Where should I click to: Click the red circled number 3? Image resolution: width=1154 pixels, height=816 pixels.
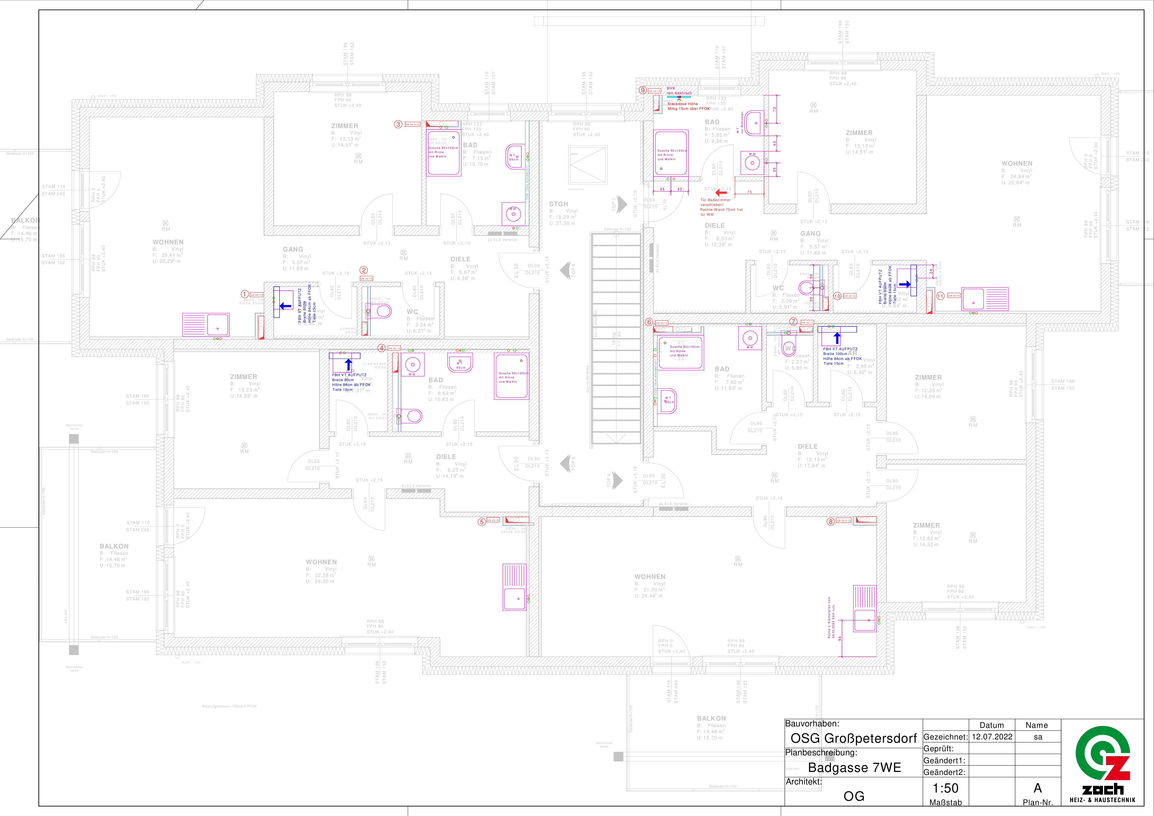(398, 124)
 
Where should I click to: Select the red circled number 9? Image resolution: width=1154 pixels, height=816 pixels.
(642, 90)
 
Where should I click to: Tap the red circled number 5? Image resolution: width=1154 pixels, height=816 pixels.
(482, 522)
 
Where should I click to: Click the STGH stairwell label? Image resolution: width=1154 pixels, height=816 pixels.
(558, 204)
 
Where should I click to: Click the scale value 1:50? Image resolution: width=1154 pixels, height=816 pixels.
(945, 788)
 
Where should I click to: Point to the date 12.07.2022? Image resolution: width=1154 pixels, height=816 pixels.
(992, 737)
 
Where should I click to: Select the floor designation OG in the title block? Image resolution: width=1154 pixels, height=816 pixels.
(854, 796)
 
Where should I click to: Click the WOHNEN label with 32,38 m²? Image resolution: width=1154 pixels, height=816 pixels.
(321, 562)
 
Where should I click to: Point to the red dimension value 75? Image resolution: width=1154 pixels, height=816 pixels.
(749, 192)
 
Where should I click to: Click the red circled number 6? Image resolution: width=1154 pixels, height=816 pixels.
(649, 322)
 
